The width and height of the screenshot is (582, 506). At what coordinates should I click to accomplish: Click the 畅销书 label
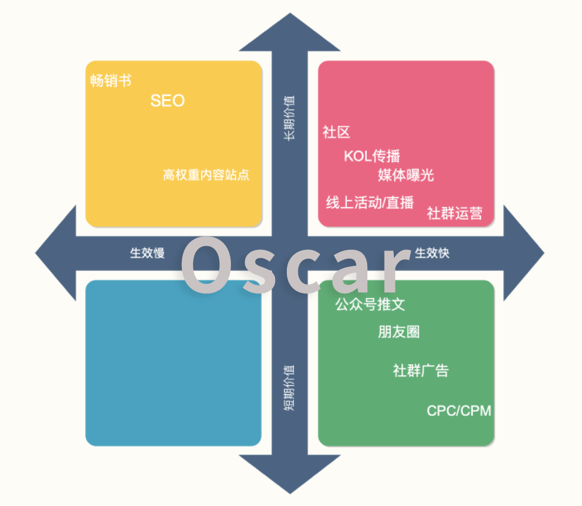111,80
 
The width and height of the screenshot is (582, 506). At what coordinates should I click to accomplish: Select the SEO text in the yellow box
167,101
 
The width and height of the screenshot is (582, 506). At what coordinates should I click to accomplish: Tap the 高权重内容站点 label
206,175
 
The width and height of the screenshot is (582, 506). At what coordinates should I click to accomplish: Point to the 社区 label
336,132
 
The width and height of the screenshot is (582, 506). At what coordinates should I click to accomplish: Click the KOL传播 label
372,156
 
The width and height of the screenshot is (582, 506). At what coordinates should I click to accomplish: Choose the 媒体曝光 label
406,175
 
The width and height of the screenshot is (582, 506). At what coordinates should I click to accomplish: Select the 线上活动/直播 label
370,202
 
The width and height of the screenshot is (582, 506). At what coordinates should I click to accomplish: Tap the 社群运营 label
455,213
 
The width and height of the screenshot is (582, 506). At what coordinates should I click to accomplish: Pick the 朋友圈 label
399,332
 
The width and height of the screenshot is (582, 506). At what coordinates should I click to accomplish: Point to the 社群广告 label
421,371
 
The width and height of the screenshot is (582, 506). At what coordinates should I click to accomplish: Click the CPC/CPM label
459,410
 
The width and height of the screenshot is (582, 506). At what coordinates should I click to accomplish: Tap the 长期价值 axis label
289,118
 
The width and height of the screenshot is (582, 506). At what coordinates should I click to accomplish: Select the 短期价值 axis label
289,387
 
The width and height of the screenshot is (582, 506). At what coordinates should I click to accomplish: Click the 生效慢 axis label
147,253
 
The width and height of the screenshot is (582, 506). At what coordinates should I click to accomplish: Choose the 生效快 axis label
432,253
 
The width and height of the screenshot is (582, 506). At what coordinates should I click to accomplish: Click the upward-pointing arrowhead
290,33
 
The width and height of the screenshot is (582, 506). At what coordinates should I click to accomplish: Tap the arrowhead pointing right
523,253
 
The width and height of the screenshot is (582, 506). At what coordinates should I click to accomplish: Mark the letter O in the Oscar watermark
206,264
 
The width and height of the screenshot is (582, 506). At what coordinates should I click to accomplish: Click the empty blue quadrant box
173,363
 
